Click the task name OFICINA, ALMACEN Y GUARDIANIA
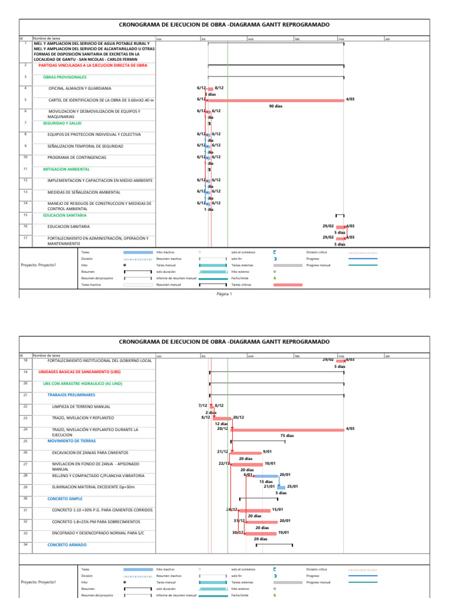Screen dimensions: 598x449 click(80, 89)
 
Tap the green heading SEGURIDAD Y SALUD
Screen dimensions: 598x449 click(62, 123)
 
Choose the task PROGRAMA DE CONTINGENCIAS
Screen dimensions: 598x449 click(77, 158)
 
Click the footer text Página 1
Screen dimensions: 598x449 click(224, 294)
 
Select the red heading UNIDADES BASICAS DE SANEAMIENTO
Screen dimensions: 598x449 click(80, 371)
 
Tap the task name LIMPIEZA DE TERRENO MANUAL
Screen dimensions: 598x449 click(81, 406)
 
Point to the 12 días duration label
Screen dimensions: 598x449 click(220, 424)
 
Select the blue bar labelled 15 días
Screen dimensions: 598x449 click(266, 475)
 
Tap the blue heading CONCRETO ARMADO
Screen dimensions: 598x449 click(67, 545)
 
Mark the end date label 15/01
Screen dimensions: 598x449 click(277, 510)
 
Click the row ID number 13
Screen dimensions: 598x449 click(26, 192)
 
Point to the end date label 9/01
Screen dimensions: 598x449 click(268, 451)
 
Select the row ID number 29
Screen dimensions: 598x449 click(26, 486)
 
